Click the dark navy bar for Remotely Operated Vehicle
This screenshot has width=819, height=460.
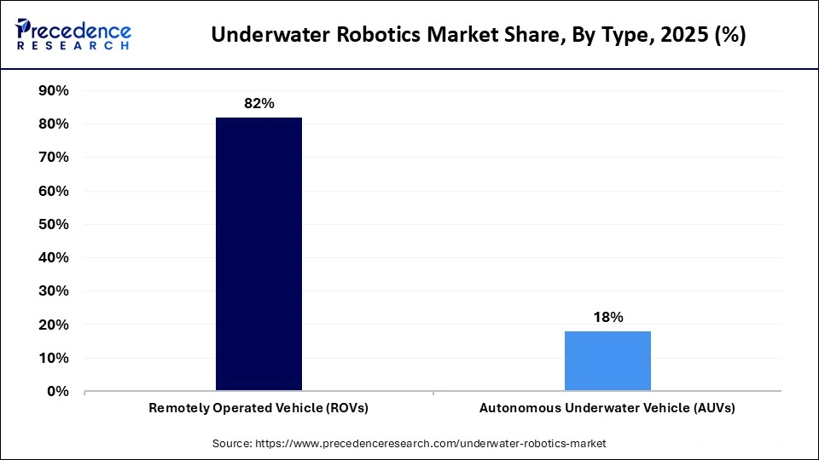258,254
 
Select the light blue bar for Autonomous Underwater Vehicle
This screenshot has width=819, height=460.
607,360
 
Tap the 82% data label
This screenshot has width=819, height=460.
258,103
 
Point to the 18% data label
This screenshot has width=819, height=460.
607,317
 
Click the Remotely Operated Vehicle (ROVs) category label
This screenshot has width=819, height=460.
258,408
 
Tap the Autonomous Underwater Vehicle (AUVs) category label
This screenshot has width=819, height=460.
607,408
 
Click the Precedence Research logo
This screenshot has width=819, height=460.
73,35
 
